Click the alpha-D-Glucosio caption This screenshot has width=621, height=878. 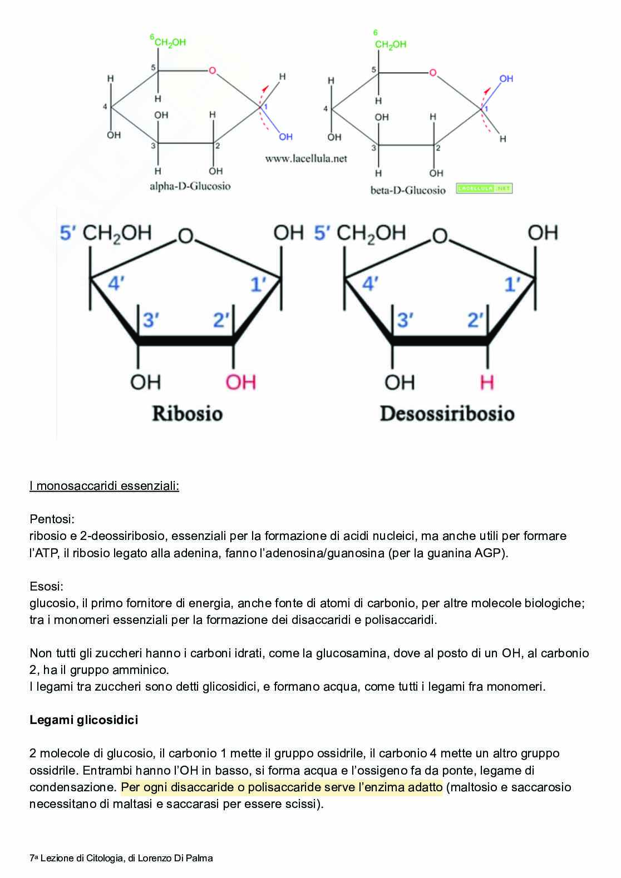point(190,187)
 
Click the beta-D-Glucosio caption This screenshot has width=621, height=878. point(408,190)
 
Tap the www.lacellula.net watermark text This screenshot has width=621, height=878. point(305,158)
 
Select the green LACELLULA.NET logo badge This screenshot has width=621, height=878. point(484,189)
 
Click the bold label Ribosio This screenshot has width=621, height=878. point(187,414)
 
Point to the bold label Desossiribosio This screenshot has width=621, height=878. point(447,414)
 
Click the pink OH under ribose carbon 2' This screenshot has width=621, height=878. point(240,382)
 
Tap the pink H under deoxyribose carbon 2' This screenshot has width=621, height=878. point(487,382)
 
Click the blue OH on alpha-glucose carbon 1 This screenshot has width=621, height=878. point(285,137)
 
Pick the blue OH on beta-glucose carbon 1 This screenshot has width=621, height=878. point(506,79)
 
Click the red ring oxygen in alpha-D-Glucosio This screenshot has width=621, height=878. point(212,71)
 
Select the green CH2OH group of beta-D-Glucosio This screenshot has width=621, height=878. point(391,44)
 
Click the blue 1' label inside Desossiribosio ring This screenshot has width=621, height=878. point(512,285)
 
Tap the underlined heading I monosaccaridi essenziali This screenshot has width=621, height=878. point(104,486)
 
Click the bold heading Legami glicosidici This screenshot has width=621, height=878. point(83,720)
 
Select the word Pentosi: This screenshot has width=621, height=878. point(52,519)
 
